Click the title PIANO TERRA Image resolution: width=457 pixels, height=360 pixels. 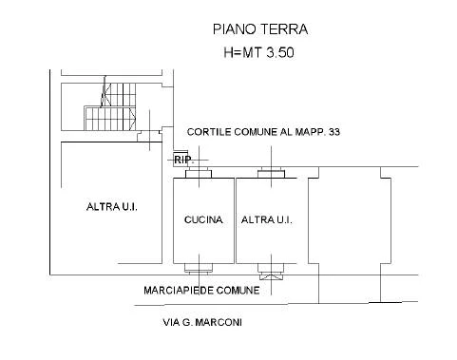pos(260,29)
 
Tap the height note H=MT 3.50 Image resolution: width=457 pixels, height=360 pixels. pos(258,52)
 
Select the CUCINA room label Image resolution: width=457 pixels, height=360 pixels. pos(203,219)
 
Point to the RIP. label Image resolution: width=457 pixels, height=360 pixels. pos(183,160)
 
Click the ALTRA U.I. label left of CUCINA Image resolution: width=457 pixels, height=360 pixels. pos(112,207)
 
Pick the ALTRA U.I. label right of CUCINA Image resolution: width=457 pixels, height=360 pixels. pos(267,219)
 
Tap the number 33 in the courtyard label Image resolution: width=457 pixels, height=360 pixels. pos(334,132)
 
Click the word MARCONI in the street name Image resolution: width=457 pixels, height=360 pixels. pos(219,322)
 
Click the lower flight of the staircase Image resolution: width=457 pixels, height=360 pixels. pos(110,119)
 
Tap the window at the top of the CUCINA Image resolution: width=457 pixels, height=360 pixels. pos(199,174)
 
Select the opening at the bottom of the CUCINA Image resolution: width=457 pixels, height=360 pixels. pos(199,268)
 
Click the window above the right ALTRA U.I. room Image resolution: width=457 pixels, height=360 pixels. pos(271,173)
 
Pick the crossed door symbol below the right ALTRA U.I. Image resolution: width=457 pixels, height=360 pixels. pos(271,277)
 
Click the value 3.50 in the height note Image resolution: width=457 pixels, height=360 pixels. pos(280,52)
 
